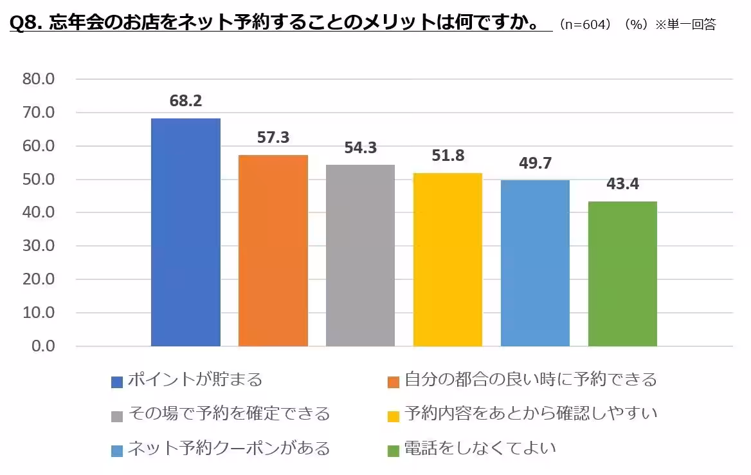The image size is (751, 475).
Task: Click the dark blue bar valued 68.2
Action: (185, 232)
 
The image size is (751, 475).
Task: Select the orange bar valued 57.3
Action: (273, 250)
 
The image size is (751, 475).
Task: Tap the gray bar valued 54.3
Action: (360, 256)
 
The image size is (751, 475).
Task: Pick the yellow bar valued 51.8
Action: (448, 259)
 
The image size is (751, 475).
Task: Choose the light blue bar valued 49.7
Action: (535, 263)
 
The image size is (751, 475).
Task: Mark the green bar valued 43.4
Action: (622, 274)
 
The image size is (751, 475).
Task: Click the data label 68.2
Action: (185, 101)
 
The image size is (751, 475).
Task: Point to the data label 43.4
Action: (622, 184)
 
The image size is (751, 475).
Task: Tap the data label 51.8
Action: (448, 156)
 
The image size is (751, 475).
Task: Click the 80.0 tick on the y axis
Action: (39, 79)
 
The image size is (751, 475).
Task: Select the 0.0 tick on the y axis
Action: (43, 346)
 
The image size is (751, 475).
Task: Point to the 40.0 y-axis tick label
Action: (39, 212)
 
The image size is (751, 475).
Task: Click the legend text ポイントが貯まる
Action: (195, 380)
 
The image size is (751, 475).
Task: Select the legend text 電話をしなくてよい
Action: (480, 448)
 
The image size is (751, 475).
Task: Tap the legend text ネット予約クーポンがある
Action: (228, 448)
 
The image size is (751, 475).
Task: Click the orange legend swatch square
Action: (394, 382)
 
